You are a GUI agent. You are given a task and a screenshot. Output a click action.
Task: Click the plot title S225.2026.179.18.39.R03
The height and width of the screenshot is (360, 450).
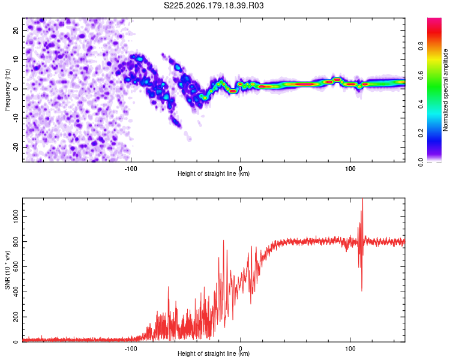pyautogui.click(x=214, y=5)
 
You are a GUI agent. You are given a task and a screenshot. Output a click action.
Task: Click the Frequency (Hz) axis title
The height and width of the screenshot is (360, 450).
pyautogui.click(x=7, y=90)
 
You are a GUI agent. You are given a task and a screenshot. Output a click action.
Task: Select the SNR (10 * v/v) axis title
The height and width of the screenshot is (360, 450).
pyautogui.click(x=7, y=270)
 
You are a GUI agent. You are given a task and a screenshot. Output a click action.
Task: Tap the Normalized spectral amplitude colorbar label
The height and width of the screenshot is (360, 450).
pyautogui.click(x=445, y=90)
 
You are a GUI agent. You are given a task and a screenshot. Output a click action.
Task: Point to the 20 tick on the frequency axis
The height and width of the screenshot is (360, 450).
pyautogui.click(x=16, y=30)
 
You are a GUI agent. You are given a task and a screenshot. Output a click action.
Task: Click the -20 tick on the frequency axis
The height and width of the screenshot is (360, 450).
pyautogui.click(x=16, y=147)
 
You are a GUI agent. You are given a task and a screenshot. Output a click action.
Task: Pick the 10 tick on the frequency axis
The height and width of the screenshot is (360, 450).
pyautogui.click(x=16, y=59)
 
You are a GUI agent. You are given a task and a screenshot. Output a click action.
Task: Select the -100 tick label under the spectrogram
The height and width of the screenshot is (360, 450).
pyautogui.click(x=131, y=169)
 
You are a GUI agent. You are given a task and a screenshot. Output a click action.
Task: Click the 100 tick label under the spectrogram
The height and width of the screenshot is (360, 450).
pyautogui.click(x=350, y=169)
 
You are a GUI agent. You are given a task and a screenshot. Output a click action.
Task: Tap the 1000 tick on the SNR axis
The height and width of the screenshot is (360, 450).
pyautogui.click(x=16, y=217)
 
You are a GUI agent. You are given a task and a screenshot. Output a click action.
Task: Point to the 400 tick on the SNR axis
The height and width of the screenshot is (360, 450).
pyautogui.click(x=16, y=292)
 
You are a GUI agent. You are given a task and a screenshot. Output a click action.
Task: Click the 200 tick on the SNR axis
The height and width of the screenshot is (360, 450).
pyautogui.click(x=16, y=317)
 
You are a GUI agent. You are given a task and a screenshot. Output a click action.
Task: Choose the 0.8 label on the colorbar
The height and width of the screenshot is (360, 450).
pyautogui.click(x=421, y=46)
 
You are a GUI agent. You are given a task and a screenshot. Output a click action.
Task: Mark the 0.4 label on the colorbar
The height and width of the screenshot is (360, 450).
pyautogui.click(x=421, y=104)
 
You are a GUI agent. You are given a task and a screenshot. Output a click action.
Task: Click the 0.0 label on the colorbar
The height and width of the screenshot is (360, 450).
pyautogui.click(x=421, y=163)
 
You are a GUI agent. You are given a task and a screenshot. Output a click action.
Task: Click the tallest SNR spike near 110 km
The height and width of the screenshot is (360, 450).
pyautogui.click(x=362, y=199)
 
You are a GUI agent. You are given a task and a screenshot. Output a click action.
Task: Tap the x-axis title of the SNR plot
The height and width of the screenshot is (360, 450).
pyautogui.click(x=214, y=353)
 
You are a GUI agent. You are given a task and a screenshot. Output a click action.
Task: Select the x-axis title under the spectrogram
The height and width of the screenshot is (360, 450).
pyautogui.click(x=214, y=173)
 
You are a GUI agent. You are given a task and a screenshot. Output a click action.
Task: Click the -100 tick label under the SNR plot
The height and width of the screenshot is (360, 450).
pyautogui.click(x=131, y=349)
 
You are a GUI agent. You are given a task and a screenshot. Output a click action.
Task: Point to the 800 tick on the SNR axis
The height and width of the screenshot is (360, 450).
pyautogui.click(x=16, y=242)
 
